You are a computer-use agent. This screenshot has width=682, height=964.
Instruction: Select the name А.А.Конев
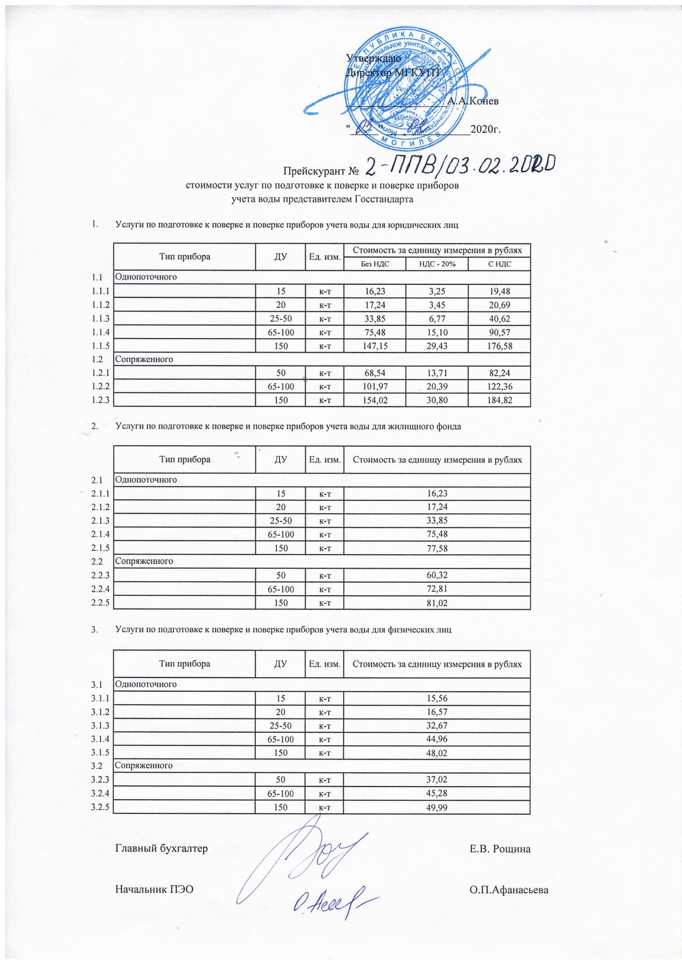click(473, 101)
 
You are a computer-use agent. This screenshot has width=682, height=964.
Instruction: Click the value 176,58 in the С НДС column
click(499, 346)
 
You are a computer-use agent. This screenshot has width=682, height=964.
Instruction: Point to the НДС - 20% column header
click(436, 264)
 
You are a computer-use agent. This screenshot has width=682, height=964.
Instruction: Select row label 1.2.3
click(100, 400)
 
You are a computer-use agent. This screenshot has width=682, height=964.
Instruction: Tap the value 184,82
click(499, 400)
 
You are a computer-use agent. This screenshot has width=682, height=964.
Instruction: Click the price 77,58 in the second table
click(436, 548)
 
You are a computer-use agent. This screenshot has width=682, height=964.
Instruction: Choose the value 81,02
click(436, 603)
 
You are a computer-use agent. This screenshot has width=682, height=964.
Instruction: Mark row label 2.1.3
click(100, 521)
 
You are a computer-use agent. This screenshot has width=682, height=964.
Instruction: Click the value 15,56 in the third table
click(436, 698)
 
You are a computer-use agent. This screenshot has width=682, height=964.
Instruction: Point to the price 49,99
click(436, 807)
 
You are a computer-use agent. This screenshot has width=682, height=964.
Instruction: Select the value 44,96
click(436, 739)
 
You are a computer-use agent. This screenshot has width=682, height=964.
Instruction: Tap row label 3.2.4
click(100, 794)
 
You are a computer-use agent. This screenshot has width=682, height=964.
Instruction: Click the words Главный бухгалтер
click(162, 849)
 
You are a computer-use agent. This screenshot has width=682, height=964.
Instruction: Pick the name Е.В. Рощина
click(500, 849)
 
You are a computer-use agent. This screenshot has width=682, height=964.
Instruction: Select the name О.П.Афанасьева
click(509, 890)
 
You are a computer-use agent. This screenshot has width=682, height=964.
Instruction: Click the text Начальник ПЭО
click(155, 890)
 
